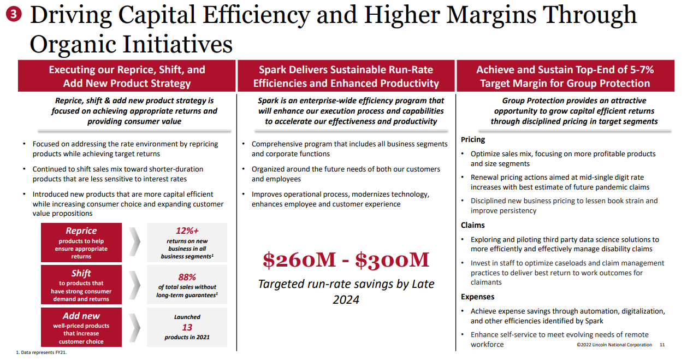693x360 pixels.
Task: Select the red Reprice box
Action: (x=81, y=243)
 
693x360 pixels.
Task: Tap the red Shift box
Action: (x=81, y=285)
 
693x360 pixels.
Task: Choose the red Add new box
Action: (x=81, y=327)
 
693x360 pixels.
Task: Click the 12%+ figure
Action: (x=187, y=231)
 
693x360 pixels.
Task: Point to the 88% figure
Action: (x=187, y=277)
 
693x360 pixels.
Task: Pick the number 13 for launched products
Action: (x=187, y=327)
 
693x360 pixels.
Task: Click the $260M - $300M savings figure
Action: (x=346, y=260)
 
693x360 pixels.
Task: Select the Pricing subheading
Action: (x=473, y=140)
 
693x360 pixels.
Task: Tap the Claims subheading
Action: (x=473, y=225)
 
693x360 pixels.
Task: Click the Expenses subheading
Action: (x=477, y=297)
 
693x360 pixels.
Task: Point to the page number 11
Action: (x=662, y=345)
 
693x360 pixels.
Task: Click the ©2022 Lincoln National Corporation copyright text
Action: (x=614, y=345)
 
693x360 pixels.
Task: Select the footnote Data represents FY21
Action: (x=44, y=353)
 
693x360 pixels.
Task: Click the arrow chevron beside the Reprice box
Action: (x=134, y=243)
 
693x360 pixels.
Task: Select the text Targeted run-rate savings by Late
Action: (x=346, y=284)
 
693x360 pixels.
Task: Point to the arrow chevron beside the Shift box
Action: (x=134, y=285)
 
